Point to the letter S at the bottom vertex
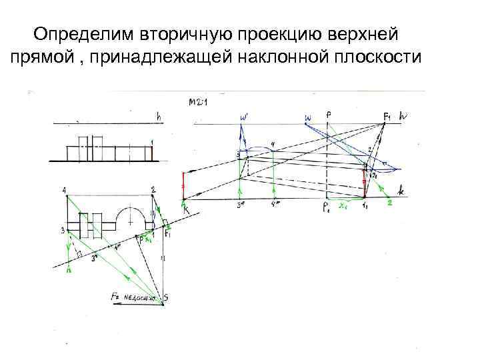point(166,298)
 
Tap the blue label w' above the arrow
point(243,118)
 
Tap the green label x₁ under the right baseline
point(344,207)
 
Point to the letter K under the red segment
point(186,211)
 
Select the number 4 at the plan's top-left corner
point(65,191)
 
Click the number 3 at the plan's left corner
point(61,231)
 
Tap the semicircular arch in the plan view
point(127,216)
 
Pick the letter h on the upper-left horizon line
point(158,117)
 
